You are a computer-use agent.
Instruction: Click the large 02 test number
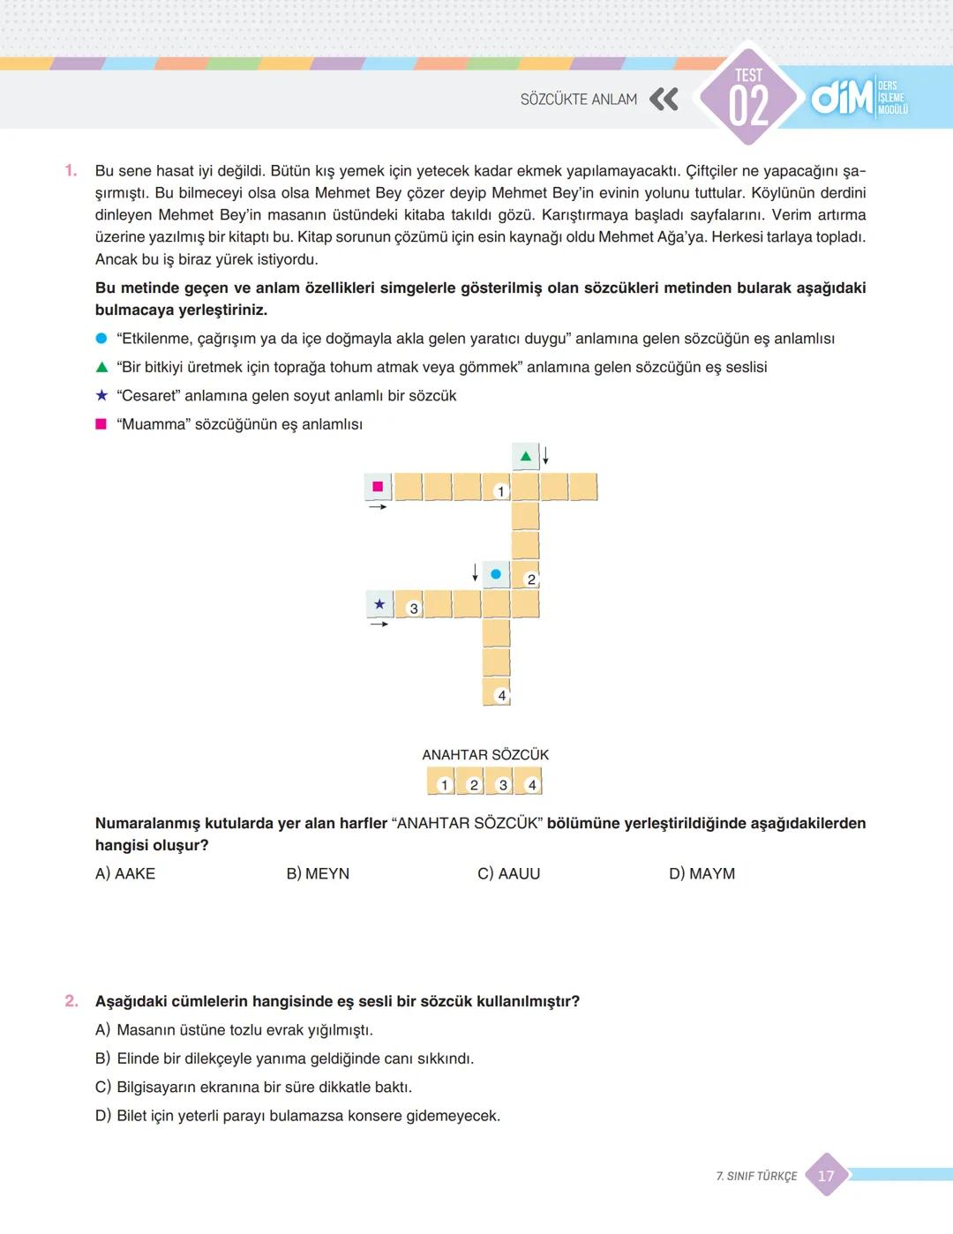(748, 106)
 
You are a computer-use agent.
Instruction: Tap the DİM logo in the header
(842, 98)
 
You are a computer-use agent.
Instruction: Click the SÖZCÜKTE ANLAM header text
(578, 100)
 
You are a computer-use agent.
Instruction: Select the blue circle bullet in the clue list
(101, 339)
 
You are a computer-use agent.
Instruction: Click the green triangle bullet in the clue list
(101, 367)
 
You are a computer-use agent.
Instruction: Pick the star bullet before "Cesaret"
(101, 395)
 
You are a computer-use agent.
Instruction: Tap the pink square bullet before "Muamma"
(101, 424)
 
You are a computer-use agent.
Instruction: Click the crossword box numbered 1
(497, 487)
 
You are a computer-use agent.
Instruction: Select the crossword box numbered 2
(525, 575)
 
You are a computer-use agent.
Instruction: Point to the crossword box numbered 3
(409, 604)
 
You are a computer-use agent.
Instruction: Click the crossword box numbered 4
(497, 692)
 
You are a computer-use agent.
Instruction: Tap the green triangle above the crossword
(526, 456)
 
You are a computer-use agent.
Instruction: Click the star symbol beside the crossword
(379, 604)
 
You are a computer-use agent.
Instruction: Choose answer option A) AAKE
(125, 873)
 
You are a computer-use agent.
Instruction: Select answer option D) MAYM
(702, 873)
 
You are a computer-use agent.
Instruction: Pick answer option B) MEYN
(318, 873)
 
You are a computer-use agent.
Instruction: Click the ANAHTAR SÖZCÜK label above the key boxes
(485, 755)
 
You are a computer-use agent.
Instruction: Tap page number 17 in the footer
(826, 1176)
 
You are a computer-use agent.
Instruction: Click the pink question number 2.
(71, 1001)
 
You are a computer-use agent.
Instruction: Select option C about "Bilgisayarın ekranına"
(254, 1087)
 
